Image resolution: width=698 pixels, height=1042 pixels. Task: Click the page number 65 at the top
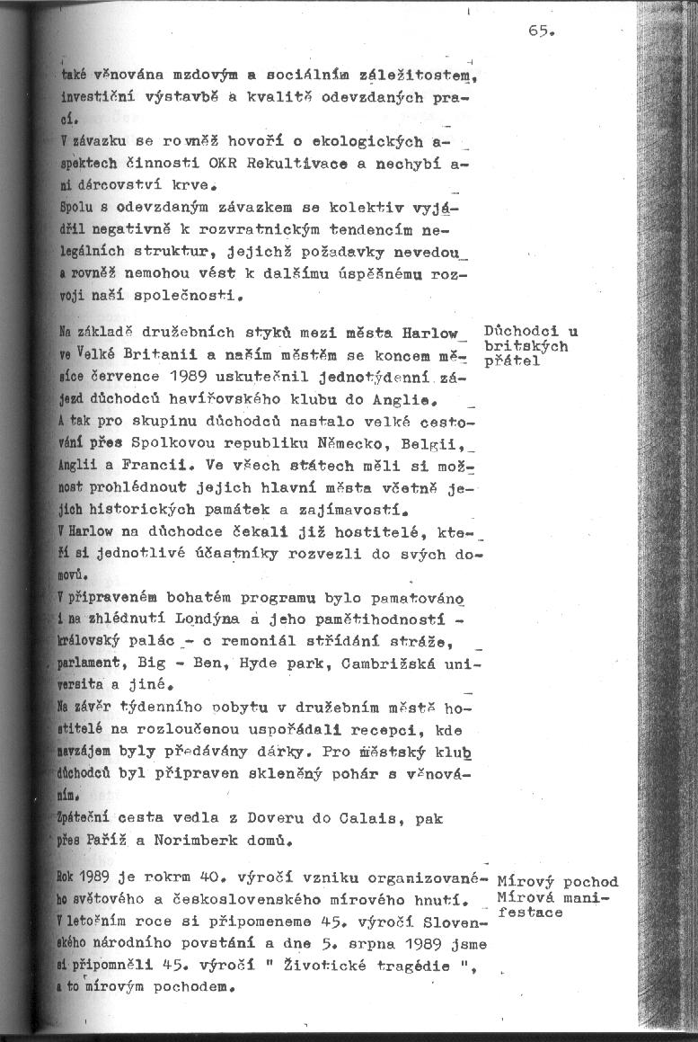point(543,30)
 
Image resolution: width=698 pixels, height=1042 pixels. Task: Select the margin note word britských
point(513,346)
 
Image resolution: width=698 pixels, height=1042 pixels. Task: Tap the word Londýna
point(203,620)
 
